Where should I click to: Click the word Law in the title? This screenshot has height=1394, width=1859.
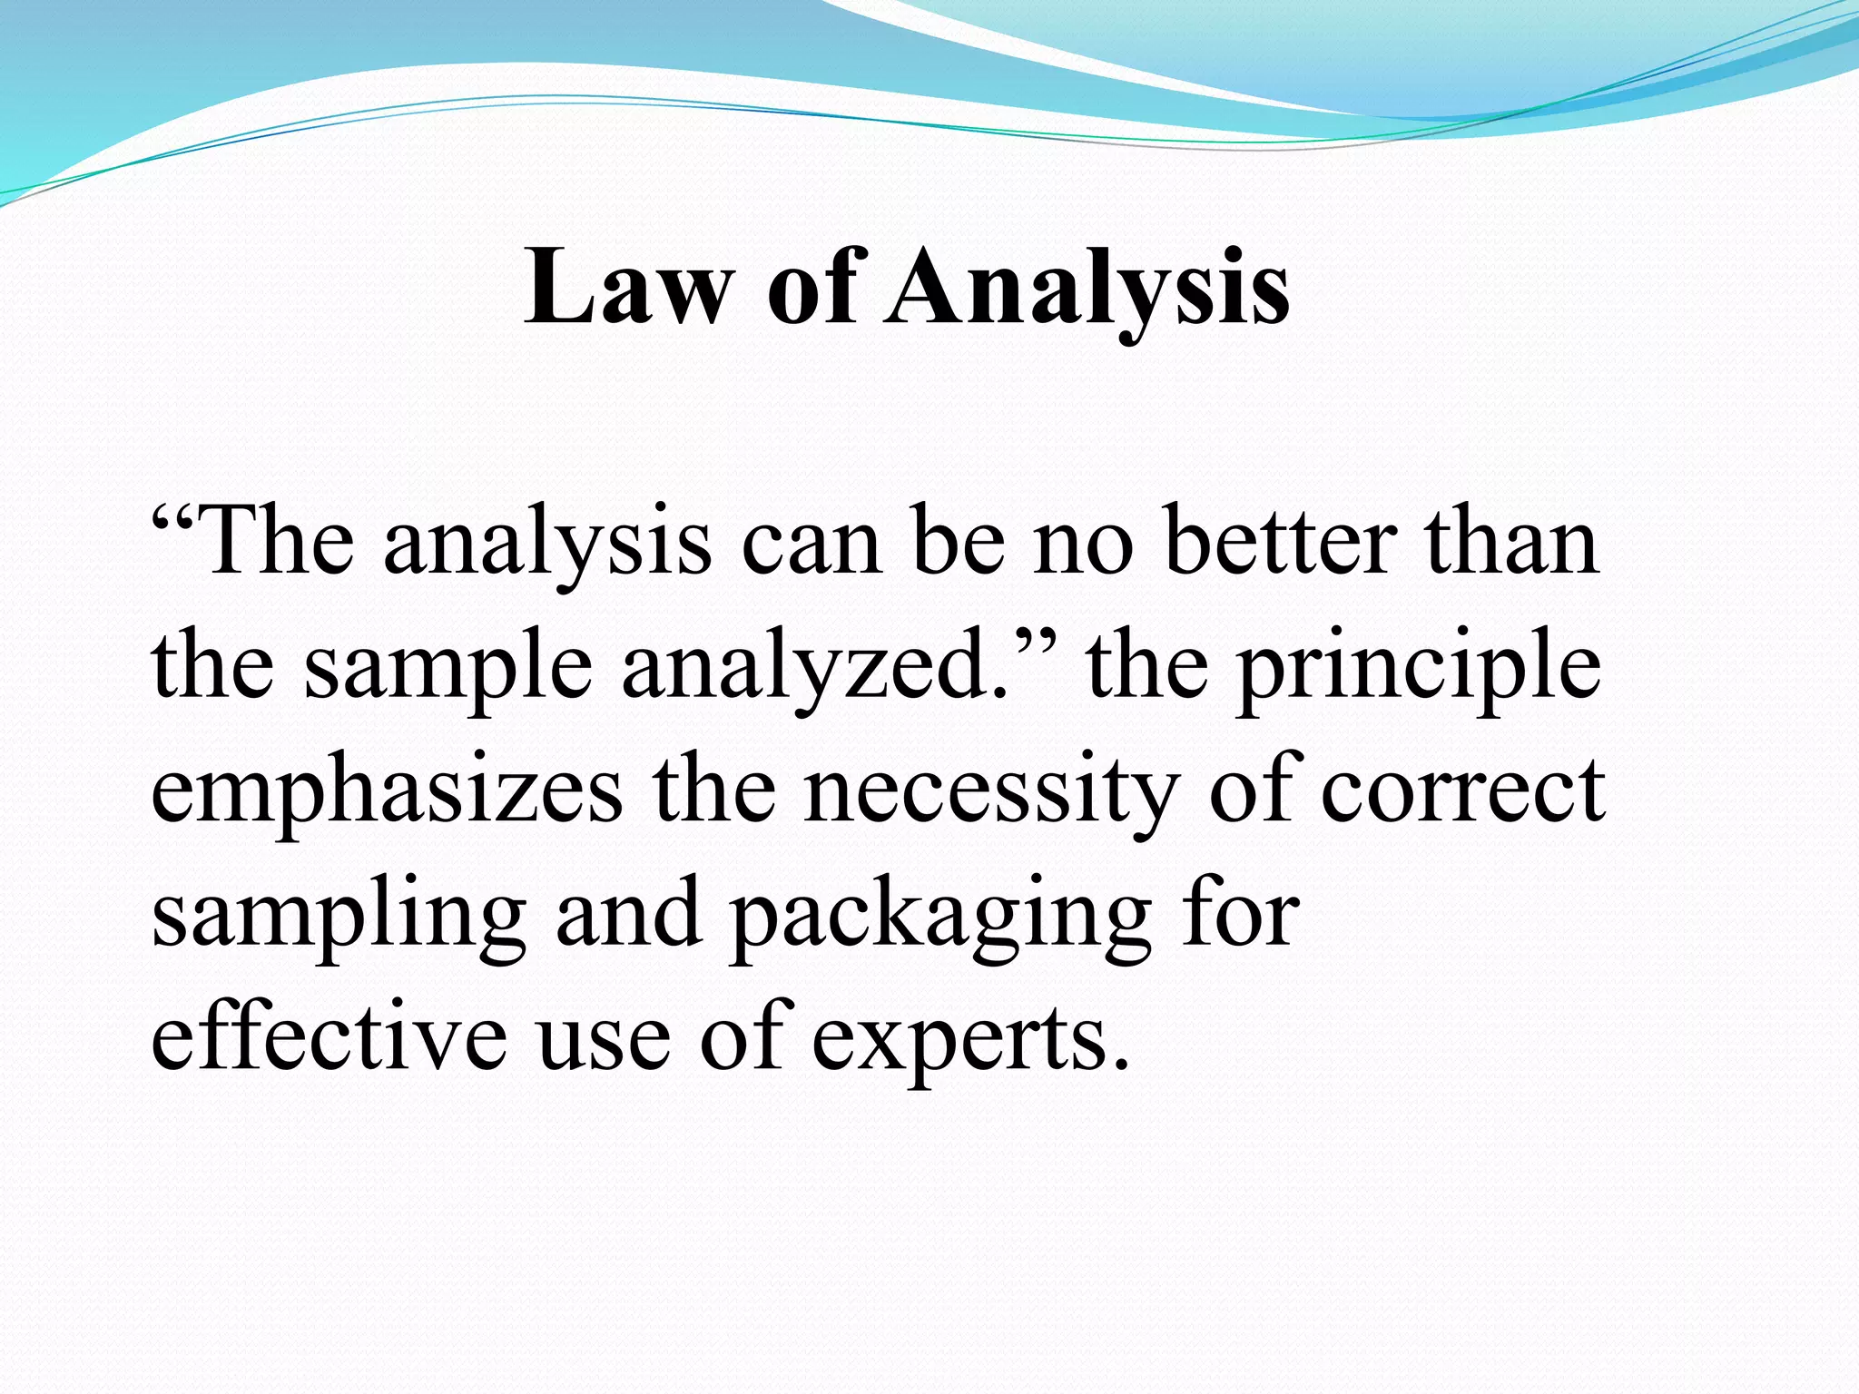point(627,289)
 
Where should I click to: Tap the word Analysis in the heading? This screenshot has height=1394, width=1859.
point(1087,289)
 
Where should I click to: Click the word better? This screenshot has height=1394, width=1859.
point(1277,543)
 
